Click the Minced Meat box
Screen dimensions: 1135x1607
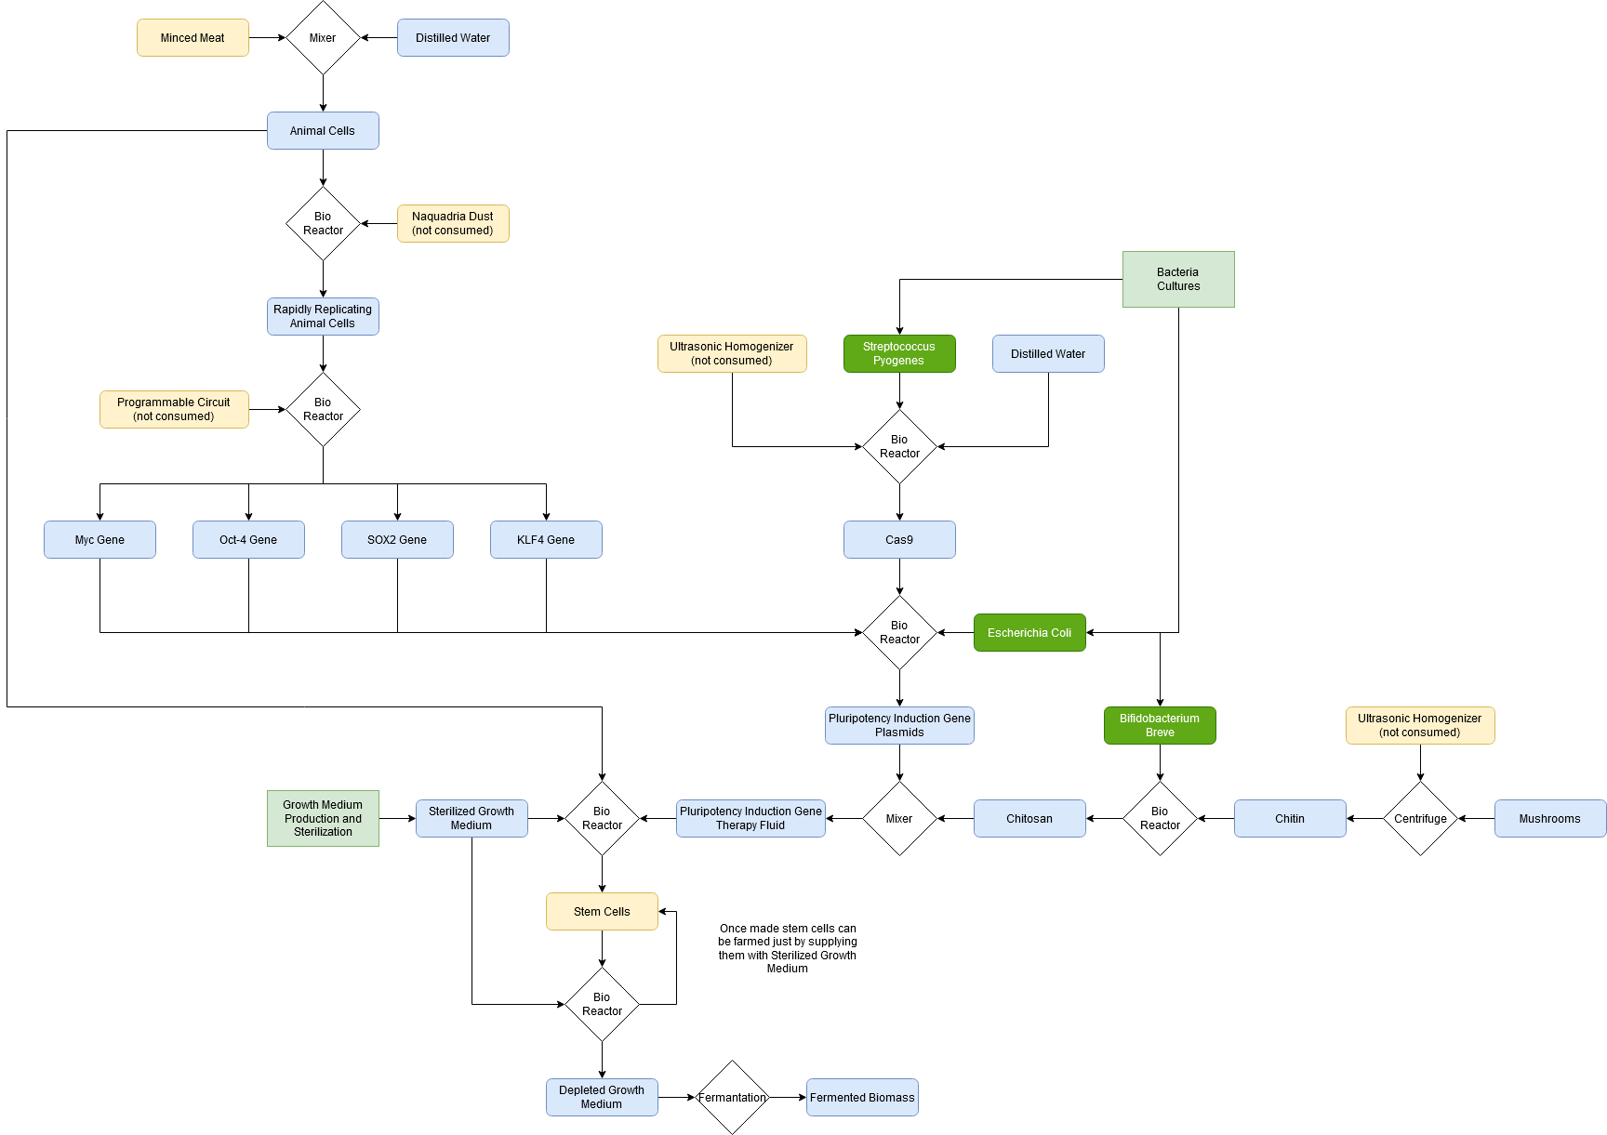point(193,38)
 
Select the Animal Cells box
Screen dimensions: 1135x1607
point(323,131)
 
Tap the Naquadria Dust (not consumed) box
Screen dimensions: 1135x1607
point(453,224)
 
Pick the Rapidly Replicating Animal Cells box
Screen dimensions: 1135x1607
point(323,317)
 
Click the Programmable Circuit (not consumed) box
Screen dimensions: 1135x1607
point(174,410)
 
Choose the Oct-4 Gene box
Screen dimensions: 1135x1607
point(248,540)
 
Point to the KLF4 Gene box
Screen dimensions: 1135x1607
point(546,540)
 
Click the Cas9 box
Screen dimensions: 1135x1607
point(899,540)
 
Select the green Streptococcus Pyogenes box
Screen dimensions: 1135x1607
point(899,354)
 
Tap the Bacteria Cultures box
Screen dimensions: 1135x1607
point(1178,280)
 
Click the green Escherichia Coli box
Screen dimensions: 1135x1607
point(1029,633)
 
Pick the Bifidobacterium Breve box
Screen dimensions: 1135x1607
point(1160,726)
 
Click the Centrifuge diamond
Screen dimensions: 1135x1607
point(1420,819)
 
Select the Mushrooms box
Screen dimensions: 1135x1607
point(1550,819)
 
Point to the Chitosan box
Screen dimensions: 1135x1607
point(1029,819)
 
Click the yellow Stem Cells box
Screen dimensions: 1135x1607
point(602,912)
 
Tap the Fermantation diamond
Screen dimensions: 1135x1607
point(732,1098)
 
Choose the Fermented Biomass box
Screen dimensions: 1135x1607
point(862,1098)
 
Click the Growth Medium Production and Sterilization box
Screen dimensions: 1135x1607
point(323,819)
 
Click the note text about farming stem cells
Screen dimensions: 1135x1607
point(788,948)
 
